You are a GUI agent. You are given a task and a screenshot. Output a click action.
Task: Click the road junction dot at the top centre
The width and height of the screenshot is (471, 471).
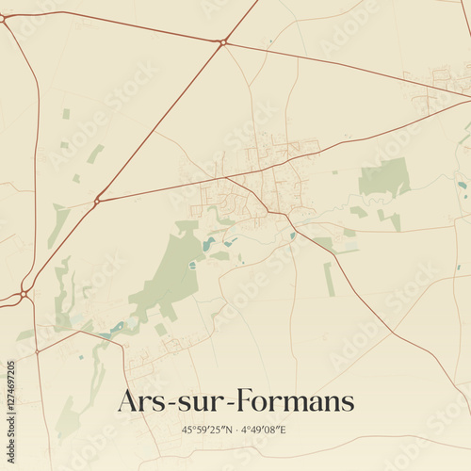[223, 41]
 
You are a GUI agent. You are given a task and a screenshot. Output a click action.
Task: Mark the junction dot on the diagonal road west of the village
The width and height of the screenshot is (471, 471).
[97, 200]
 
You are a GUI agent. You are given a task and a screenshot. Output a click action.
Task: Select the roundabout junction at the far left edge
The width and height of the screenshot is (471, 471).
[24, 294]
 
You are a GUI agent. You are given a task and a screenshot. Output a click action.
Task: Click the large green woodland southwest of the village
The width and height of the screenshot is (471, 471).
[170, 273]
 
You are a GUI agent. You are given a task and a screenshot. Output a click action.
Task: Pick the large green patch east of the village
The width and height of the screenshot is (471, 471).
[386, 177]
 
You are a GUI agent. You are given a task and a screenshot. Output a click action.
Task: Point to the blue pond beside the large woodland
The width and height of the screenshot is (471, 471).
[207, 247]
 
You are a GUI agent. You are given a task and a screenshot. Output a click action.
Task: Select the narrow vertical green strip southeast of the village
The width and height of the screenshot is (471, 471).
[330, 279]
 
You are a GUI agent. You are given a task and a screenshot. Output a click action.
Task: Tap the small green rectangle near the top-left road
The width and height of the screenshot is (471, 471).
[66, 114]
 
